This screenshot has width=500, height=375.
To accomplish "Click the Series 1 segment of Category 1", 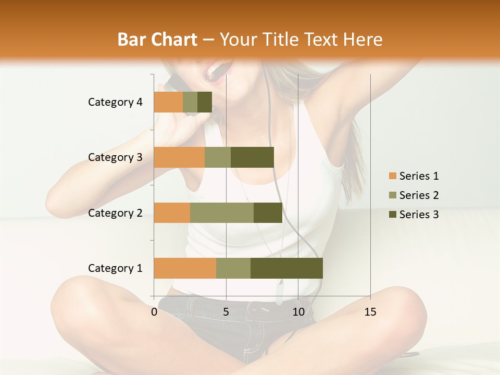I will tap(185, 268).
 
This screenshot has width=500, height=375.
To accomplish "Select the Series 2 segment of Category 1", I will tap(233, 268).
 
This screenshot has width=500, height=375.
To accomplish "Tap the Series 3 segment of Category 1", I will tap(286, 268).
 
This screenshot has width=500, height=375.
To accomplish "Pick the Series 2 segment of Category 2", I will tap(222, 213).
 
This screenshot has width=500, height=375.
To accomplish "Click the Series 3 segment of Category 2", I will tap(268, 213).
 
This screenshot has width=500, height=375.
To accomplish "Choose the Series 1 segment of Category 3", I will tap(179, 157).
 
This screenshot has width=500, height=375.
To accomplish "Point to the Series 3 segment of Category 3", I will tap(252, 157).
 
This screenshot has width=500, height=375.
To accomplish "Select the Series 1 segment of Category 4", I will tap(168, 102).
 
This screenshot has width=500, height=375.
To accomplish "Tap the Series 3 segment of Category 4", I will tap(205, 102).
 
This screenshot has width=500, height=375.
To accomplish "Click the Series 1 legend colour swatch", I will tap(393, 176).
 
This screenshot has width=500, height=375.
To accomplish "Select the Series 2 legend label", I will tap(419, 195).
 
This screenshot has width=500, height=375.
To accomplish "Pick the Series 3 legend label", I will tap(419, 215).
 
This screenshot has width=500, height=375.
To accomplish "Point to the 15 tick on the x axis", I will tap(370, 312).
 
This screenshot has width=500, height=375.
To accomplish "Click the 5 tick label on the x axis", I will tap(226, 312).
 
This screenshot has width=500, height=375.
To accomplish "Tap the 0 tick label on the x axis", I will tap(154, 312).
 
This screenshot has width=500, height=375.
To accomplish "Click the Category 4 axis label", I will tap(115, 102).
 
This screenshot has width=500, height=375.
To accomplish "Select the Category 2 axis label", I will tap(115, 213).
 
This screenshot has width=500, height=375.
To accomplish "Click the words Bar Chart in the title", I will tap(157, 39).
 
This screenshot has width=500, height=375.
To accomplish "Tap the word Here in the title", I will tap(364, 39).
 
